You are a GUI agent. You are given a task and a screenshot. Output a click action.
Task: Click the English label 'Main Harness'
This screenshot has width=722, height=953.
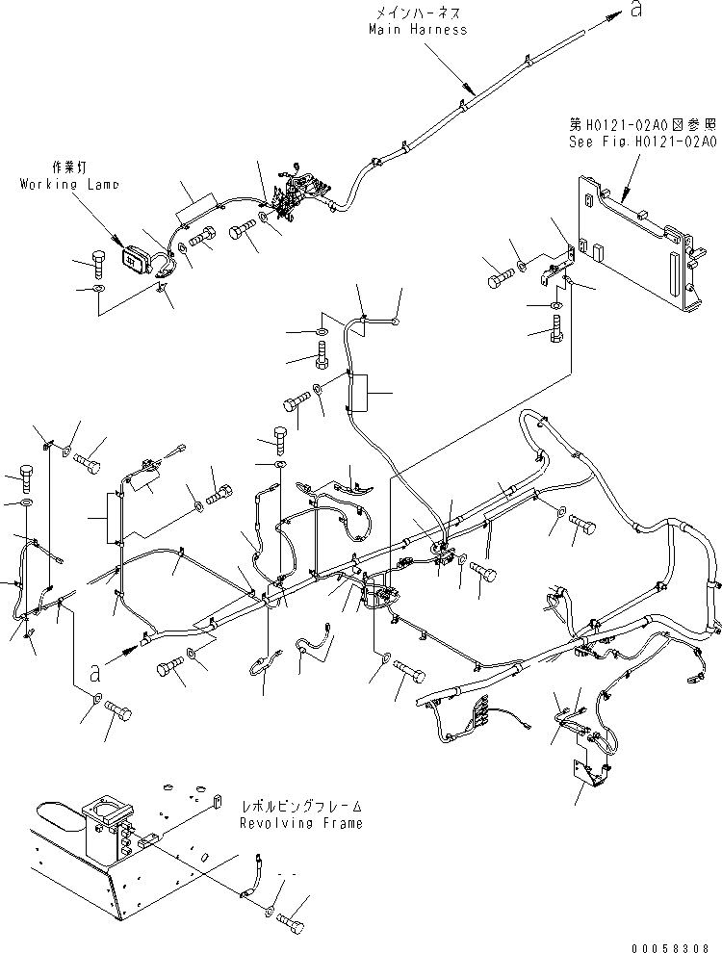tap(418, 30)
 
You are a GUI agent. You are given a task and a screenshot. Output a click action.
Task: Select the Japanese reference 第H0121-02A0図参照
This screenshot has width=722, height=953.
tap(642, 124)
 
